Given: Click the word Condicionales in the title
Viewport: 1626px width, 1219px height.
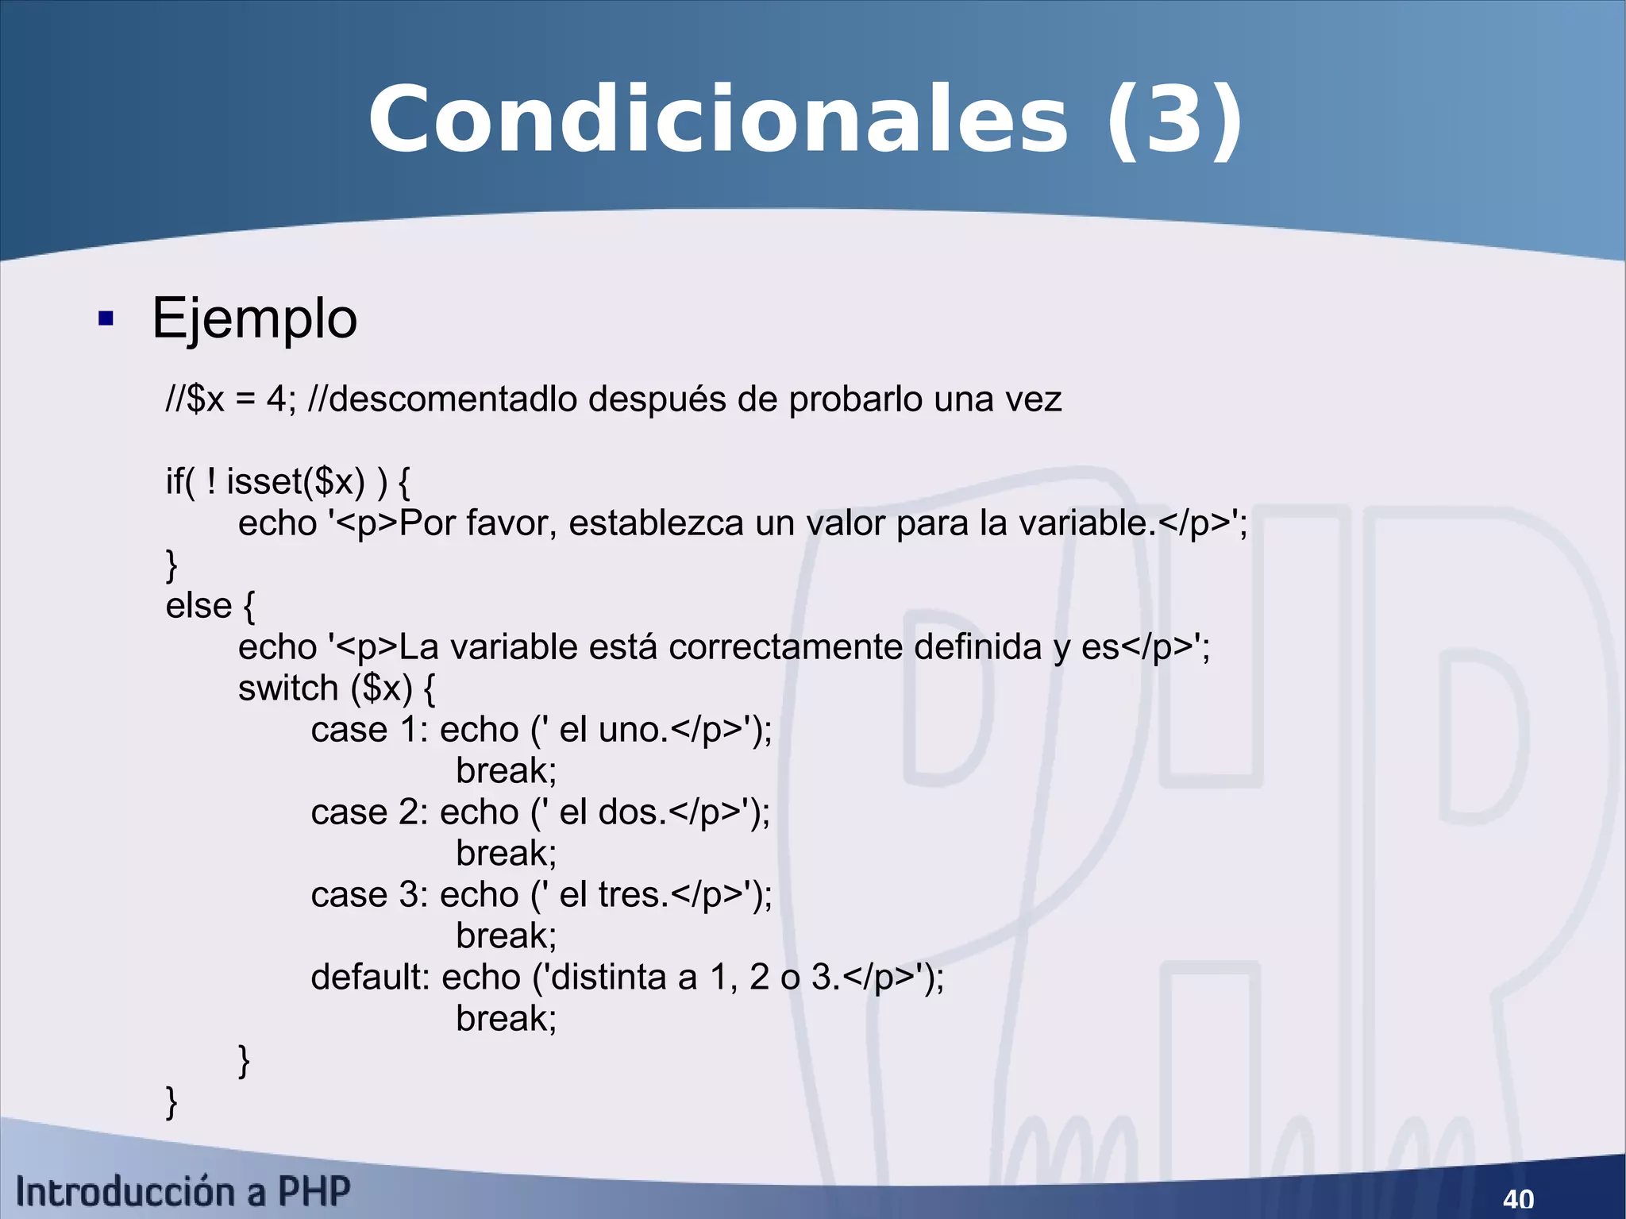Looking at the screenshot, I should pyautogui.click(x=718, y=121).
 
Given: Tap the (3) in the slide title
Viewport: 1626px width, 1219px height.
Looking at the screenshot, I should pyautogui.click(x=1174, y=121).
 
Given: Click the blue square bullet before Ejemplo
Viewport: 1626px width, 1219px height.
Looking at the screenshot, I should pyautogui.click(x=106, y=319).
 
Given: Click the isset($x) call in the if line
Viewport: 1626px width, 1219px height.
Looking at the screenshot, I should pyautogui.click(x=295, y=481).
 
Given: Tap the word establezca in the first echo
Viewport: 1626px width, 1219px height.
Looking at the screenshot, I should pyautogui.click(x=656, y=523).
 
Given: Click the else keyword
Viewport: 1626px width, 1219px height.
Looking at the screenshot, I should pyautogui.click(x=198, y=605).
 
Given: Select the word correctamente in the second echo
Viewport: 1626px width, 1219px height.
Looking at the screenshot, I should pyautogui.click(x=785, y=646).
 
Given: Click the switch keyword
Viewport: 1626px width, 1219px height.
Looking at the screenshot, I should pyautogui.click(x=288, y=688).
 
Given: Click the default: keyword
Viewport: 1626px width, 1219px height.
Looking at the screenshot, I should pyautogui.click(x=370, y=977).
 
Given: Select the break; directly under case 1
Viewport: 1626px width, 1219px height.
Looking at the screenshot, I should pyautogui.click(x=507, y=770).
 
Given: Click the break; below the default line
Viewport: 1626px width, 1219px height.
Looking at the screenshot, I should pyautogui.click(x=507, y=1018).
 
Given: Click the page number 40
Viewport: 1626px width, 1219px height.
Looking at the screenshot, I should pyautogui.click(x=1518, y=1198).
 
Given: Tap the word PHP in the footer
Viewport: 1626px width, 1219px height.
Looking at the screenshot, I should pyautogui.click(x=314, y=1192).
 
